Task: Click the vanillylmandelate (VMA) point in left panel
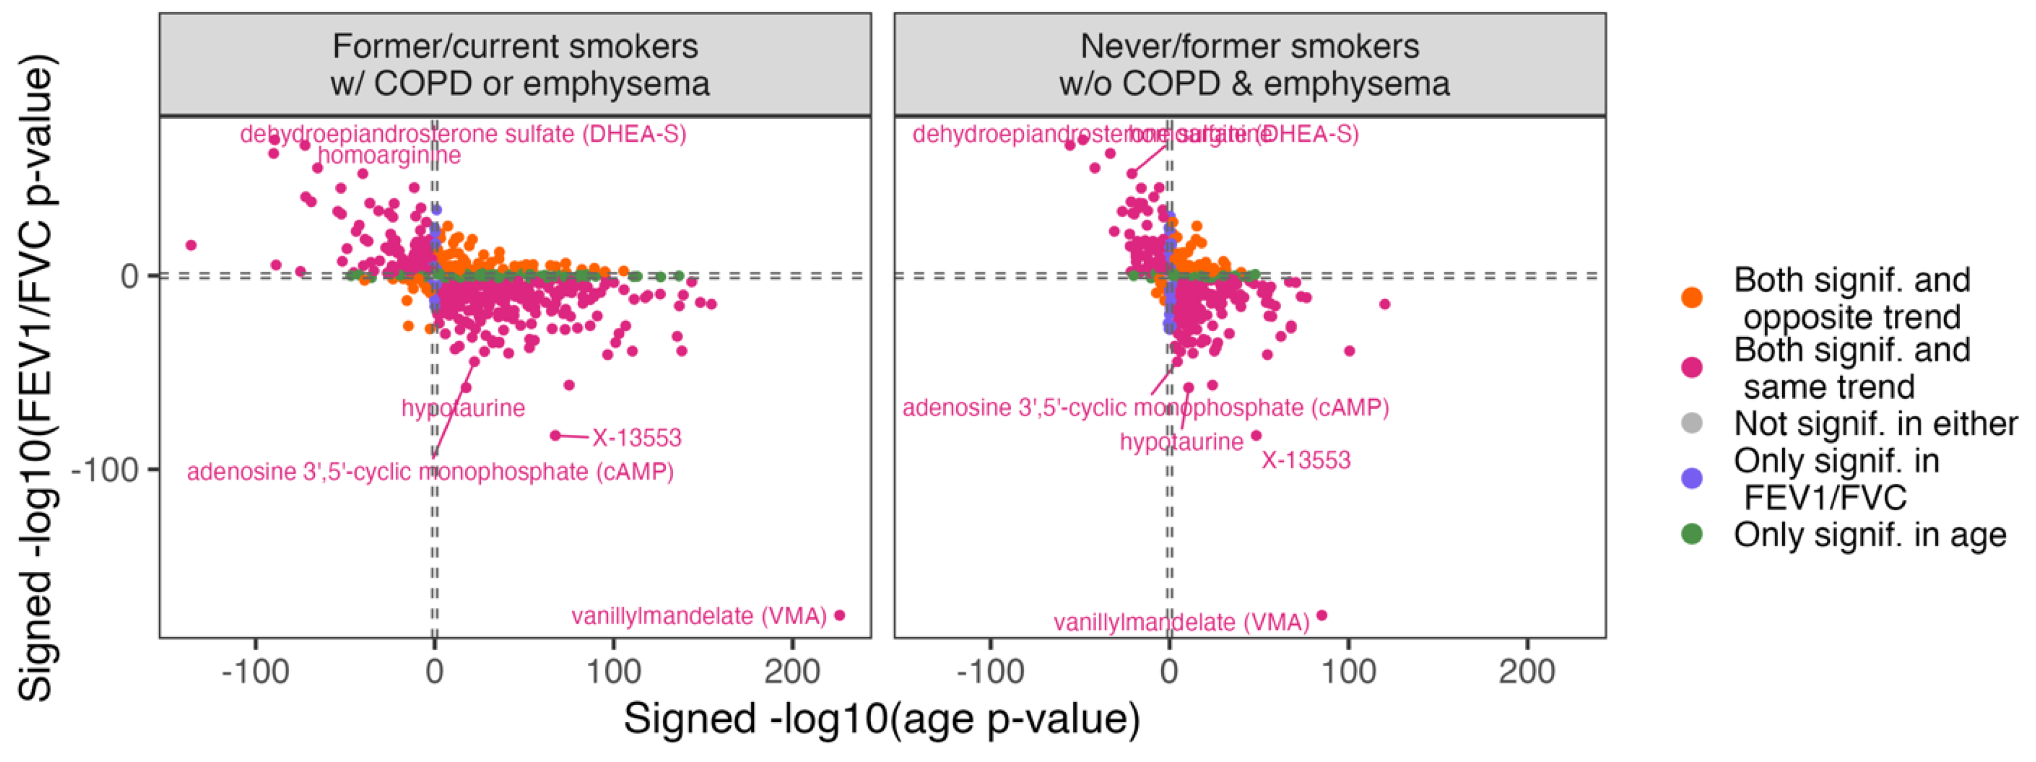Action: [840, 615]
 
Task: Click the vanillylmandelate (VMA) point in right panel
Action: [1321, 615]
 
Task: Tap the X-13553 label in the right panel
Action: [1306, 460]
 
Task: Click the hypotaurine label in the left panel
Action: [463, 408]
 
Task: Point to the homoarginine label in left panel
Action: [389, 156]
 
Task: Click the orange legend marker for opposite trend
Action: [1691, 298]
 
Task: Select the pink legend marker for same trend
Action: [1691, 368]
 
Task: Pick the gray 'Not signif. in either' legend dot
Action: [1691, 424]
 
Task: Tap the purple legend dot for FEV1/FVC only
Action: [1691, 478]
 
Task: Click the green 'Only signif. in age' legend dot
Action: [1691, 535]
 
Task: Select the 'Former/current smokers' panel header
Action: [516, 65]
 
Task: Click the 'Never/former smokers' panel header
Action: [1250, 65]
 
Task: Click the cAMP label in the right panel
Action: [1145, 408]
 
